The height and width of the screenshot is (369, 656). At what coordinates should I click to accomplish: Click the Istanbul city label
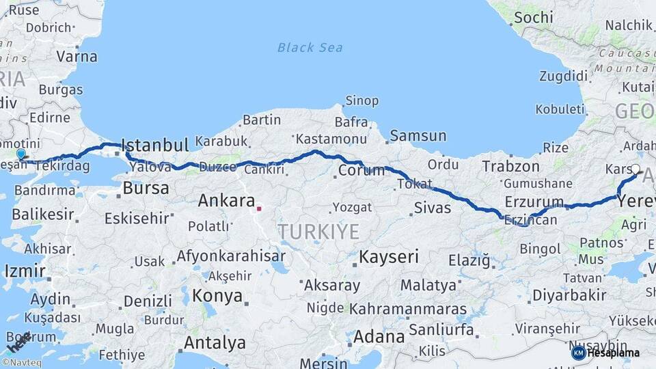click(x=154, y=145)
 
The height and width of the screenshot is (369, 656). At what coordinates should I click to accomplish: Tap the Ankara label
click(x=225, y=201)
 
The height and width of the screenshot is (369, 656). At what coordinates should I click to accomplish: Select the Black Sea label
click(x=310, y=48)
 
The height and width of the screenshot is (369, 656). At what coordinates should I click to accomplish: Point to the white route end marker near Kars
click(x=635, y=169)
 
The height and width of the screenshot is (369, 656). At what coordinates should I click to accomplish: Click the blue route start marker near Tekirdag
click(x=21, y=155)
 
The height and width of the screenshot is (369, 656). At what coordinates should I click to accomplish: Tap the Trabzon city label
click(x=510, y=166)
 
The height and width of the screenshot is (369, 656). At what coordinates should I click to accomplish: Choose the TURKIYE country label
click(x=318, y=232)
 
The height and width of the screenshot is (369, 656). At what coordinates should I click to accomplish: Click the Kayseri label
click(x=388, y=257)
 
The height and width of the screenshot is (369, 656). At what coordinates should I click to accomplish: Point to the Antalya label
click(x=215, y=342)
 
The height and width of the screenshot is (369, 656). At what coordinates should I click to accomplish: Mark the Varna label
click(x=77, y=57)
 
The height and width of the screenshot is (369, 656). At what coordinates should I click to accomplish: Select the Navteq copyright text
click(x=23, y=364)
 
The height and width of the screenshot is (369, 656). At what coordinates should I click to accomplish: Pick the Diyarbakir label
click(x=569, y=296)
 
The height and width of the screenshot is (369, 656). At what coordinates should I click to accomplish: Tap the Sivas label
click(x=432, y=207)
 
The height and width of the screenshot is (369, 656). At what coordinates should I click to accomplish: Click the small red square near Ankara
click(x=259, y=208)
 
